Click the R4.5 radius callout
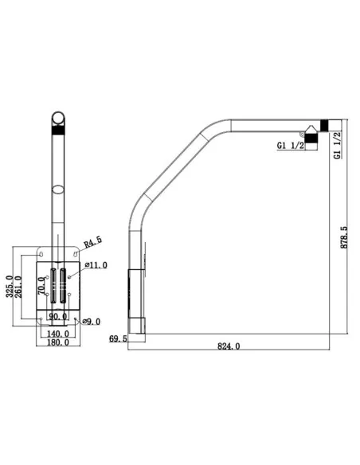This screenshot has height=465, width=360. (93, 240)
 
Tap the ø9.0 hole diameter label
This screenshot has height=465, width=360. (90, 322)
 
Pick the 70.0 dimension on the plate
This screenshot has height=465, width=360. (42, 285)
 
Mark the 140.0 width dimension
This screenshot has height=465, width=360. (58, 334)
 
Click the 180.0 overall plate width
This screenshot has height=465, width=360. (58, 344)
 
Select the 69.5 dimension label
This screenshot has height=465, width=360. (118, 339)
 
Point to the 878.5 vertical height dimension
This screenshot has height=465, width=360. (343, 236)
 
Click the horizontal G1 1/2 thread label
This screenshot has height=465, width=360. (290, 146)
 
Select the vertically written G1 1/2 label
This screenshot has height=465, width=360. (338, 144)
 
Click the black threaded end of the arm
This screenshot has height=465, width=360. (324, 124)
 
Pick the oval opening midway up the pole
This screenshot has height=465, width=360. (58, 190)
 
